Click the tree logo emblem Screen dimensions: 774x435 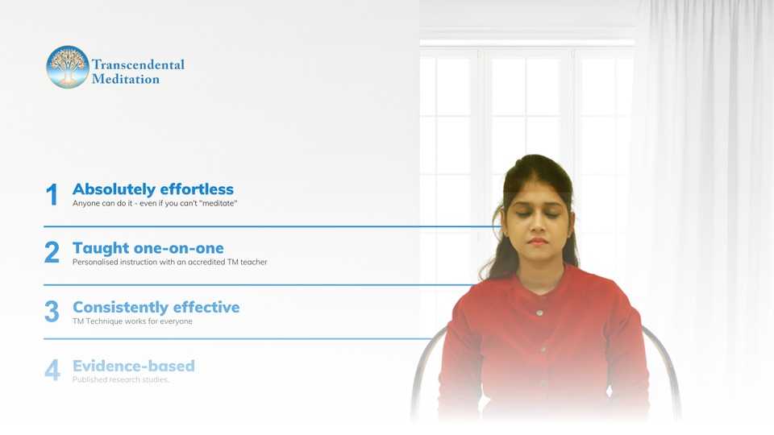tap(68, 67)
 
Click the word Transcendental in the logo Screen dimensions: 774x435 tap(138, 64)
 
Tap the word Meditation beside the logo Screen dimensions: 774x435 tap(126, 79)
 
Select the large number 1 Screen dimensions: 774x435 tap(52, 194)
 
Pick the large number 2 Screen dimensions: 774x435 tap(52, 252)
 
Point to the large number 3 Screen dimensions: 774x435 tap(52, 311)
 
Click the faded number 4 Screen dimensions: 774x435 tap(52, 370)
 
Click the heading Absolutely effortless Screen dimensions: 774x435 tap(153, 188)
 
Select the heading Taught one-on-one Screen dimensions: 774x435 tap(148, 247)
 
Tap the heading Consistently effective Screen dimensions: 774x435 tap(156, 307)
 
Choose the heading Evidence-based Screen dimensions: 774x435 tap(134, 366)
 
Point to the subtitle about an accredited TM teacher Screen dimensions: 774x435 tap(170, 262)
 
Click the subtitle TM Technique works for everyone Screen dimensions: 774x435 tap(132, 321)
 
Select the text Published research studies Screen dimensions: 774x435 tap(121, 379)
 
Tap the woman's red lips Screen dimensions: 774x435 tap(538, 241)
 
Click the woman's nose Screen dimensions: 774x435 tap(537, 225)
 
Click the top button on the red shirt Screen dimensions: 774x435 tap(540, 313)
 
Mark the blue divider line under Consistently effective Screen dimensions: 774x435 tap(238, 339)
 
